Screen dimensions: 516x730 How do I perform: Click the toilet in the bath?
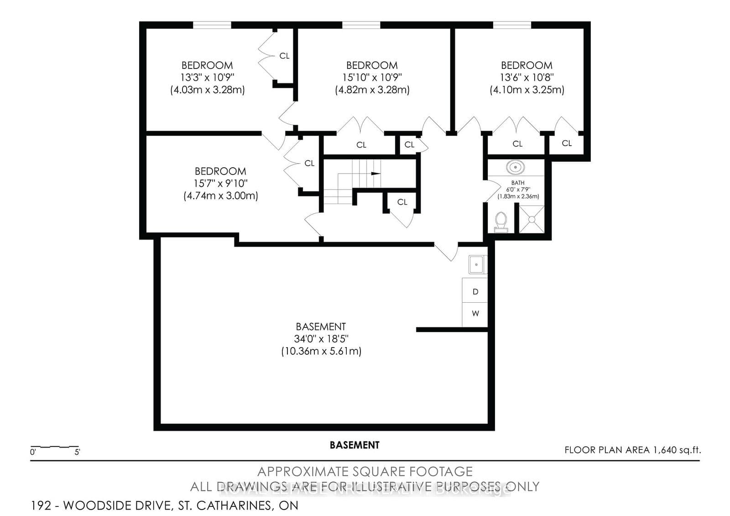501,222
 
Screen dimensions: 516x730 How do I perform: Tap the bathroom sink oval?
515,168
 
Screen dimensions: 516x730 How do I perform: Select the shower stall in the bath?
532,219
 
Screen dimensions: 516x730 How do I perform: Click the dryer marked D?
475,291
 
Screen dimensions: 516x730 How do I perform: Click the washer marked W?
475,314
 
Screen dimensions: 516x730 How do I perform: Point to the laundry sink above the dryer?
476,264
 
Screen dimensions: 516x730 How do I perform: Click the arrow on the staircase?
375,174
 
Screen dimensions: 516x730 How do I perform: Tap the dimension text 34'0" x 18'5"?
321,339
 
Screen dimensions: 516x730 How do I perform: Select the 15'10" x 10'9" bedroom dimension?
372,78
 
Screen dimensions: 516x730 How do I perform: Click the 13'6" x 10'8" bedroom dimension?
527,78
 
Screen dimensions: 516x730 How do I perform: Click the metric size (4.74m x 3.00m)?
221,196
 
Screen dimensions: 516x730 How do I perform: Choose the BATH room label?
518,183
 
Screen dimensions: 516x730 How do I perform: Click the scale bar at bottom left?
55,447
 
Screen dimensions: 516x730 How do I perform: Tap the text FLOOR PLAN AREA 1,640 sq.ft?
632,450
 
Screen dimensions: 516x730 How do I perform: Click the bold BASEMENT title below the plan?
355,445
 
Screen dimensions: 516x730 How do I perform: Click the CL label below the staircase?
402,202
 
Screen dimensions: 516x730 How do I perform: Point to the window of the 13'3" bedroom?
212,25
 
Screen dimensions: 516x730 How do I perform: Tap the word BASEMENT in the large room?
321,326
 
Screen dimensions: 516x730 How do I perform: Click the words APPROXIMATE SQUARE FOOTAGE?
365,471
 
